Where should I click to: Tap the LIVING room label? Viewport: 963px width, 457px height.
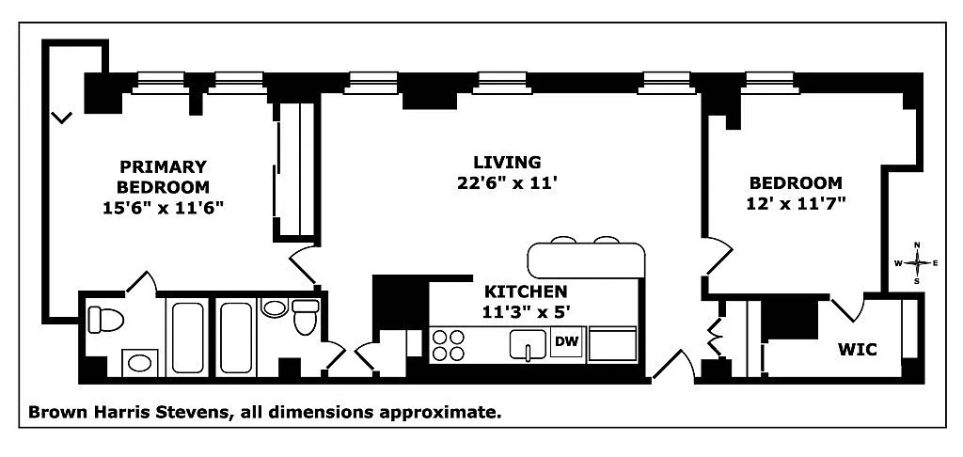pos(507,162)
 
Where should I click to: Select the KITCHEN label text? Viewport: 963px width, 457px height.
pos(525,292)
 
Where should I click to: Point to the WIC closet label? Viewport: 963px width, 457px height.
pos(857,350)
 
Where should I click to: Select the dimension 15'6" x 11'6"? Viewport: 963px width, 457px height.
pos(163,207)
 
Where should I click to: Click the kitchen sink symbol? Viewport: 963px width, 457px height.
pos(529,345)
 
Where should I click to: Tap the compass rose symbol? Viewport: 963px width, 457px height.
pos(917,263)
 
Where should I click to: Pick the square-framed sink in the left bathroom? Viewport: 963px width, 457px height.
pos(142,363)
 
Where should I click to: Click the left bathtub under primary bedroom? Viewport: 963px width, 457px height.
pos(191,337)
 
